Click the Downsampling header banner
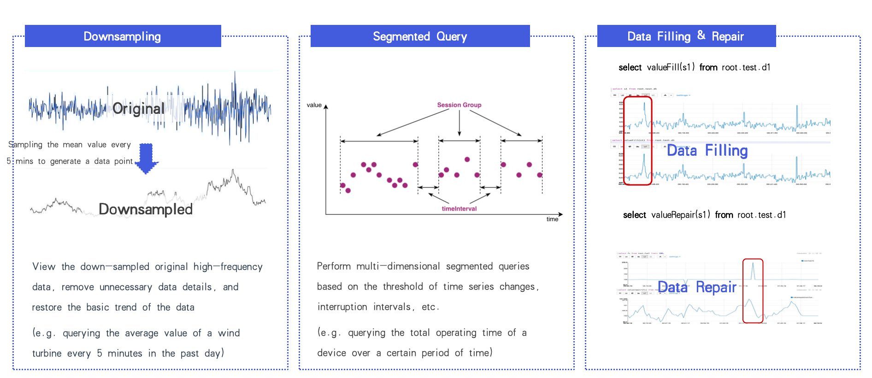click(123, 36)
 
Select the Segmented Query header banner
click(420, 36)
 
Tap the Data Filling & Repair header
click(686, 36)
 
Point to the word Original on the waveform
click(138, 108)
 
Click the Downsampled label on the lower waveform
click(146, 209)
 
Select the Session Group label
click(459, 105)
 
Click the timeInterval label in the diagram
click(459, 209)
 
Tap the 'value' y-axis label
click(314, 105)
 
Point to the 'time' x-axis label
click(552, 219)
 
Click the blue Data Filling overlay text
click(707, 151)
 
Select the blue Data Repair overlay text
click(696, 287)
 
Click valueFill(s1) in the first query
click(671, 67)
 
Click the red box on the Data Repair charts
click(753, 291)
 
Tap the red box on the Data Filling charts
click(637, 141)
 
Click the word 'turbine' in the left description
click(47, 354)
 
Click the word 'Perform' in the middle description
click(334, 266)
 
